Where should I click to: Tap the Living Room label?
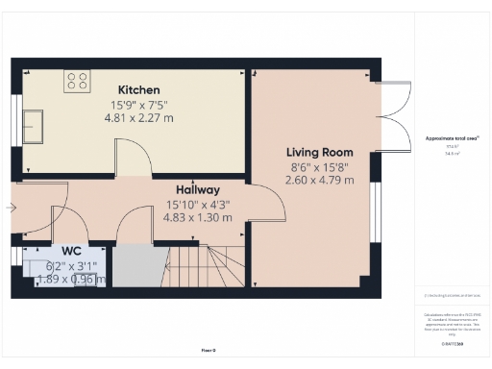pyautogui.click(x=320, y=152)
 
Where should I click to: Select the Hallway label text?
pyautogui.click(x=198, y=189)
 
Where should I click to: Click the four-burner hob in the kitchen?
pyautogui.click(x=77, y=83)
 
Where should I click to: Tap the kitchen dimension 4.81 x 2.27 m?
pyautogui.click(x=138, y=118)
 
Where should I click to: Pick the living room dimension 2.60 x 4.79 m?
pyautogui.click(x=319, y=180)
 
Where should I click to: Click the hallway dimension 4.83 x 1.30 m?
pyautogui.click(x=199, y=217)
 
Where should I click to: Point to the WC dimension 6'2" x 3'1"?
pyautogui.click(x=73, y=265)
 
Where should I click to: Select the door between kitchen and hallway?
pyautogui.click(x=132, y=160)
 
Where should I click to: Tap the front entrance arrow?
pyautogui.click(x=11, y=207)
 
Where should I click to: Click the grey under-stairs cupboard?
pyautogui.click(x=138, y=265)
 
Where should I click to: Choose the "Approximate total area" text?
pyautogui.click(x=453, y=138)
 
